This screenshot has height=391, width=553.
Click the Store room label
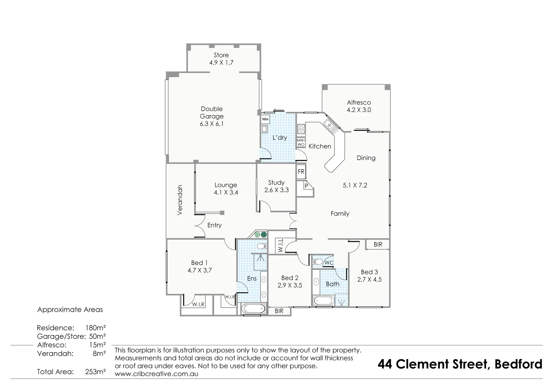coord(221,55)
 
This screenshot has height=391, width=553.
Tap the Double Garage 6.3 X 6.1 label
coord(212,116)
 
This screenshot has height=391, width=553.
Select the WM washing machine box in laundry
coord(265,119)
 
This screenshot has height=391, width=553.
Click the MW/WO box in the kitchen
coord(301,142)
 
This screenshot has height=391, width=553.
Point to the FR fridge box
coord(301,172)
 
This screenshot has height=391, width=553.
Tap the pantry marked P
coord(306,186)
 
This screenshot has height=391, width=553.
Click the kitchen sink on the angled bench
coord(330,125)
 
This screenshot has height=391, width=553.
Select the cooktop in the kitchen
coord(301,129)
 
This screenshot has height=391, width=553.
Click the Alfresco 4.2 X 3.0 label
coord(359,106)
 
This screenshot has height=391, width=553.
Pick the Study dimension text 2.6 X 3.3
coord(276,190)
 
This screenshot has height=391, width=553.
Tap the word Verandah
coord(180,200)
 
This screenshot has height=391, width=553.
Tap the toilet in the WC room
coord(318,262)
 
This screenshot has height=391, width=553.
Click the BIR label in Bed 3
coord(377,245)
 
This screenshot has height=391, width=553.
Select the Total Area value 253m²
coord(95,371)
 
